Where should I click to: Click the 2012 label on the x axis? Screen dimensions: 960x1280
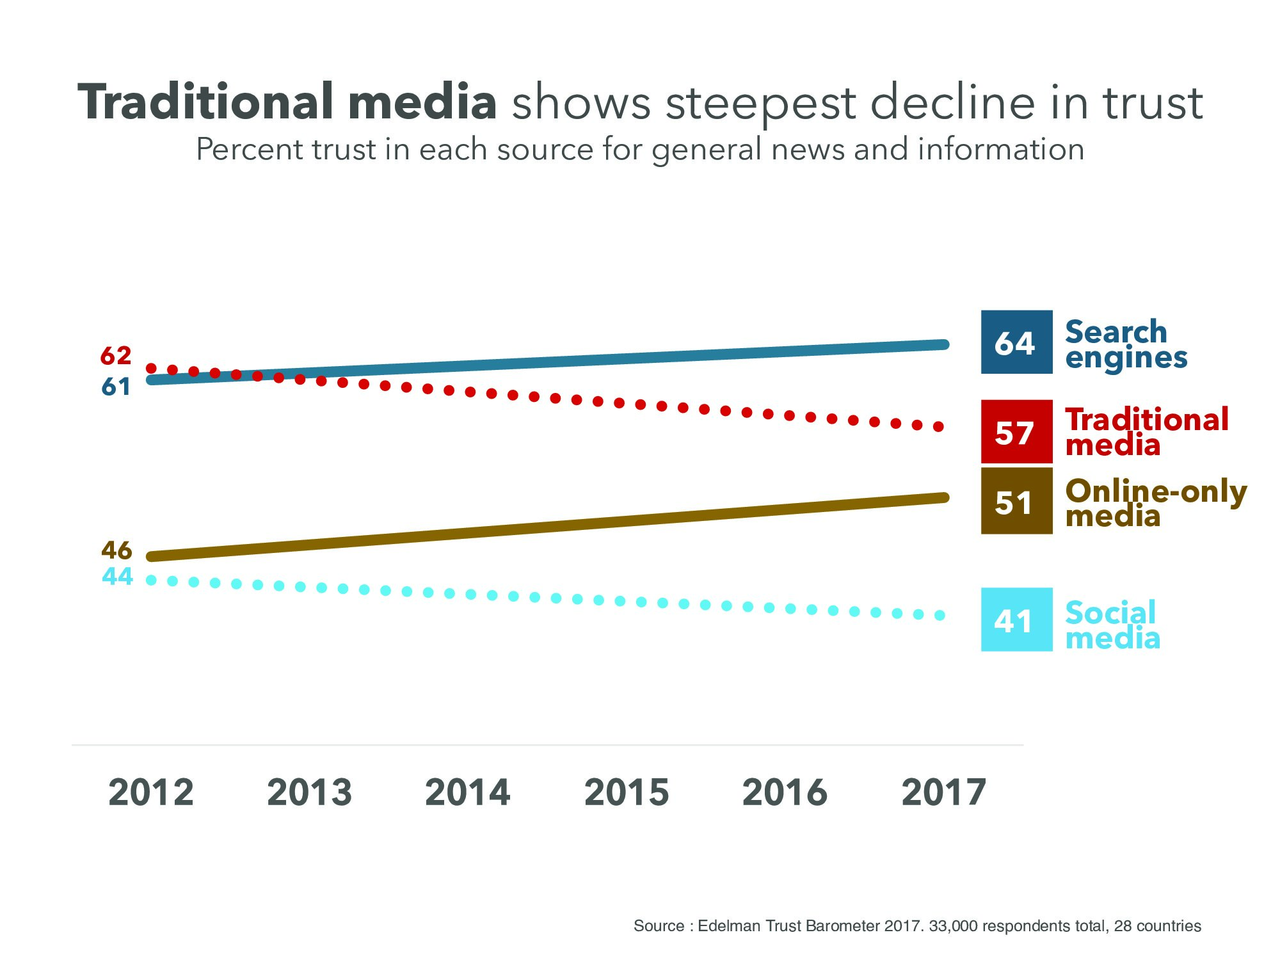(x=151, y=792)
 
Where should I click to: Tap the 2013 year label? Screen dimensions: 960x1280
(x=309, y=792)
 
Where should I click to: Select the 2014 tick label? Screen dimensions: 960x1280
(x=468, y=792)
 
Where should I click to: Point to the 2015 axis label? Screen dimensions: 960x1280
(x=627, y=792)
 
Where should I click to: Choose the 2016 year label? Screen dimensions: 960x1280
(x=785, y=792)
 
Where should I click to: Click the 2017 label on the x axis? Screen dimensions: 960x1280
(x=944, y=792)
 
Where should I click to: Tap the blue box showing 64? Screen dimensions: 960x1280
(x=1016, y=342)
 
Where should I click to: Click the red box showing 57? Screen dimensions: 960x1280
(x=1016, y=432)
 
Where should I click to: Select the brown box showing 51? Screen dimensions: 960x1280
(x=1016, y=501)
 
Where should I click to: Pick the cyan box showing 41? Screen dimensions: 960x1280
(x=1016, y=620)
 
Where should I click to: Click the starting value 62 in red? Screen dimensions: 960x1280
(x=116, y=356)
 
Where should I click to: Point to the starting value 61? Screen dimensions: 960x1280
(x=116, y=387)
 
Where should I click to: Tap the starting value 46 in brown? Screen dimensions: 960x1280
(x=116, y=550)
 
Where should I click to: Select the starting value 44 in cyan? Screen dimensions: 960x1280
(x=117, y=577)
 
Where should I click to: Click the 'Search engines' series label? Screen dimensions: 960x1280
(x=1125, y=344)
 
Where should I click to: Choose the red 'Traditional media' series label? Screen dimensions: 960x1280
(x=1146, y=432)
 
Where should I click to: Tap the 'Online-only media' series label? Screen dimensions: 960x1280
(x=1155, y=503)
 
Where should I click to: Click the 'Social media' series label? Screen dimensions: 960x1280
(x=1112, y=625)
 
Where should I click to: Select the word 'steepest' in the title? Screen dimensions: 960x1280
(x=760, y=104)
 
